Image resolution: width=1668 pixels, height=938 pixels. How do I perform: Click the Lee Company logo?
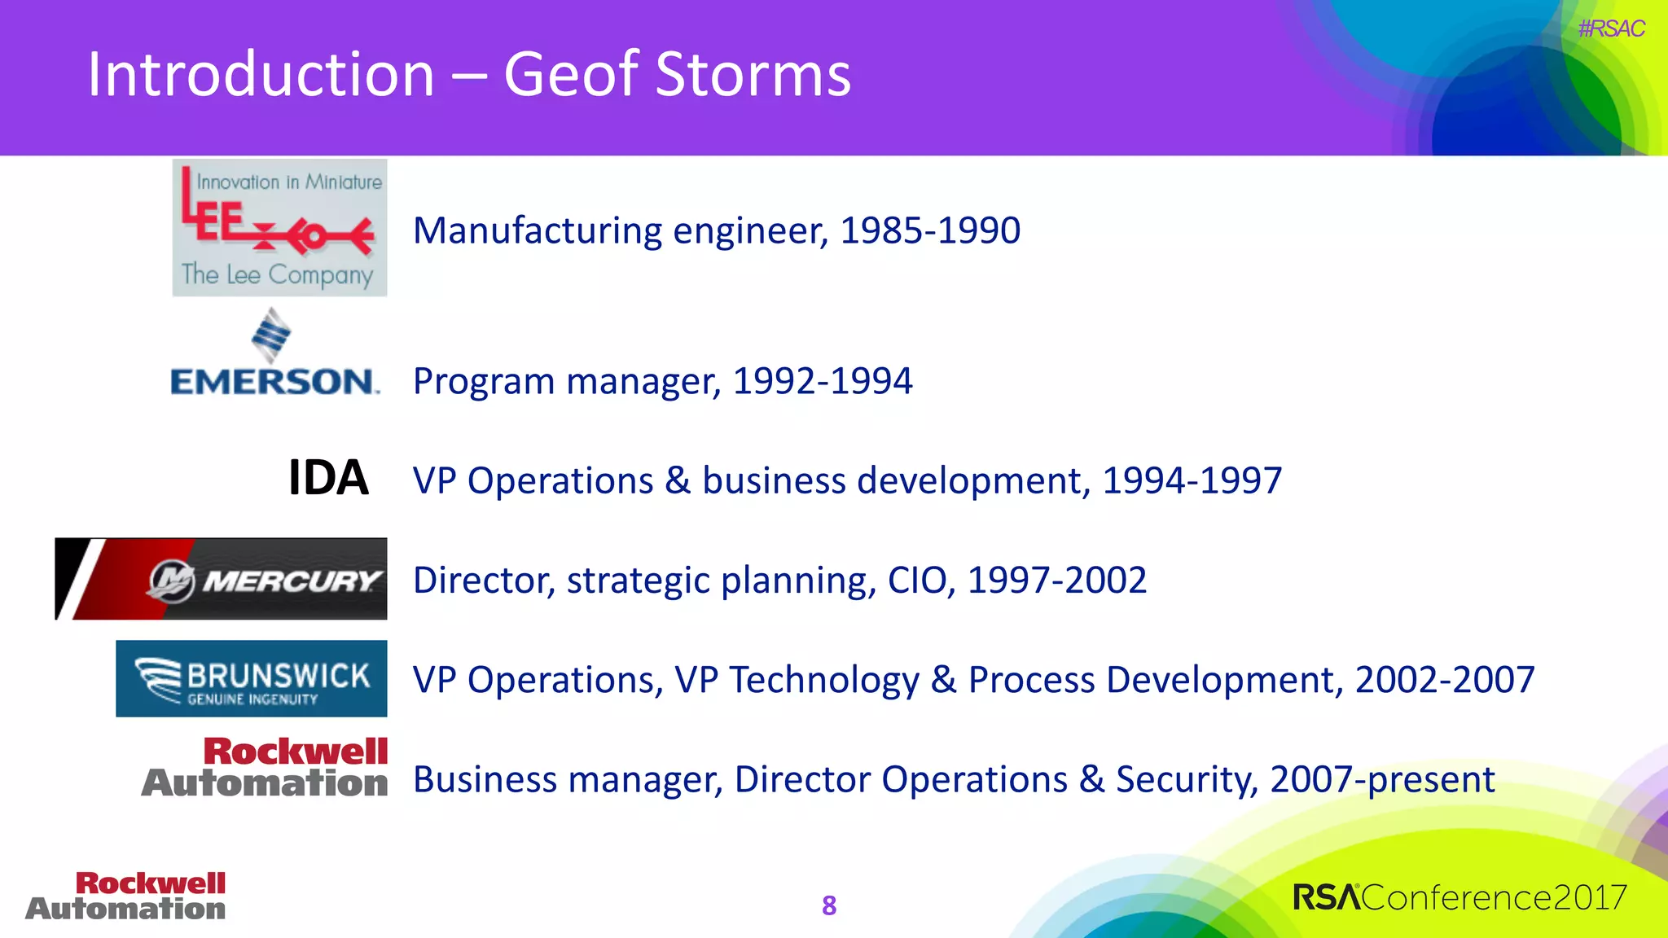279,228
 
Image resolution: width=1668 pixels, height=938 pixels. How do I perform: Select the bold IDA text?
328,478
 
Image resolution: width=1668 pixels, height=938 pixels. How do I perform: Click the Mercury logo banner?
221,579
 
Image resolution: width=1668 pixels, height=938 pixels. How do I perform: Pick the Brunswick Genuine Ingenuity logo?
251,678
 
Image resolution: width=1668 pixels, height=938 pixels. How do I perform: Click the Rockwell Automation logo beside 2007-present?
266,767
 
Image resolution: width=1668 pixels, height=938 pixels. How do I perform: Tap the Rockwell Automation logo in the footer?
126,896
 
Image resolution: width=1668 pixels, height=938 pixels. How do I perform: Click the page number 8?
829,905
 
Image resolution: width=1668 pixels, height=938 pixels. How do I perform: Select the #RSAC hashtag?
1610,28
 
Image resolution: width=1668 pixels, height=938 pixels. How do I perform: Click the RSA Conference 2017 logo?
1459,897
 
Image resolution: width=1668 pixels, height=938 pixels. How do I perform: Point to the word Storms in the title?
753,75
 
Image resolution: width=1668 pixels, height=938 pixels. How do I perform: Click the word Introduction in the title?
261,75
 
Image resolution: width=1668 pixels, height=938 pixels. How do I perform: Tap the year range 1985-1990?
929,230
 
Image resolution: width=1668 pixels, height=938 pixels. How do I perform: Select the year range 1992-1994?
822,381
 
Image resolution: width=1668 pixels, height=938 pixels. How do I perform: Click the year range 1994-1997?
1192,480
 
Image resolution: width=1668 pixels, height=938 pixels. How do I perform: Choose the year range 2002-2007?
1444,680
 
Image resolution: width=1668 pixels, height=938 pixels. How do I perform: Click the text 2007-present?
1381,779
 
